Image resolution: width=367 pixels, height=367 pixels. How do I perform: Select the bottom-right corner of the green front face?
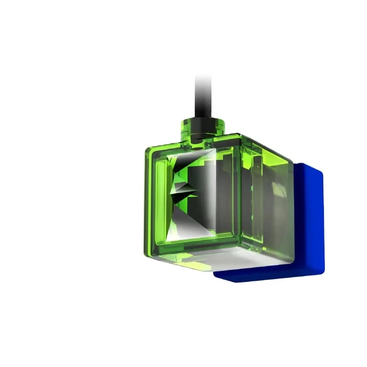pyautogui.click(x=239, y=247)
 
